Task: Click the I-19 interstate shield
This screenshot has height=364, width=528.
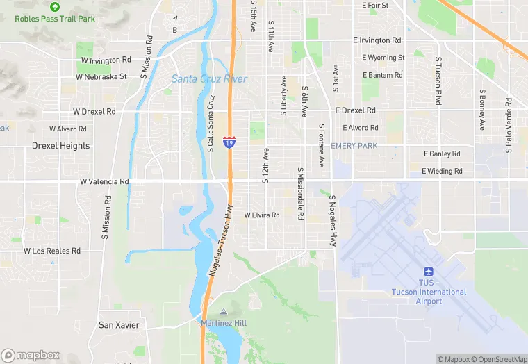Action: (229, 141)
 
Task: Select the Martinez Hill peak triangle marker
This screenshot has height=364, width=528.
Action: (223, 312)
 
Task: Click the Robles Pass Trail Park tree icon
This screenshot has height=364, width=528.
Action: (55, 6)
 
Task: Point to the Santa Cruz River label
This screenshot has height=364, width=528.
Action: (209, 79)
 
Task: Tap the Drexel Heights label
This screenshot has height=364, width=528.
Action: (60, 146)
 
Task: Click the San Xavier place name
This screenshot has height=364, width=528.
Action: (119, 325)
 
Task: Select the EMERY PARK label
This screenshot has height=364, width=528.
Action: (354, 146)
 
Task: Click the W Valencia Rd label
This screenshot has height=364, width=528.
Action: (104, 181)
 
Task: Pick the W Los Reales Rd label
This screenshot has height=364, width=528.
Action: (52, 251)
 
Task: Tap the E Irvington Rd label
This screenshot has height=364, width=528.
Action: (377, 40)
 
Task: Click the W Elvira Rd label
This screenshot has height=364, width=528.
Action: (261, 215)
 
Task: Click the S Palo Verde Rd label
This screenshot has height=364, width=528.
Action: (509, 125)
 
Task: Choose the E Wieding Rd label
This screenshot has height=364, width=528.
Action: (442, 171)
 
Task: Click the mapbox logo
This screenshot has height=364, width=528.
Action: (31, 355)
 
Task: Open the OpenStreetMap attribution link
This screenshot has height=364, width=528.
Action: (499, 359)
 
